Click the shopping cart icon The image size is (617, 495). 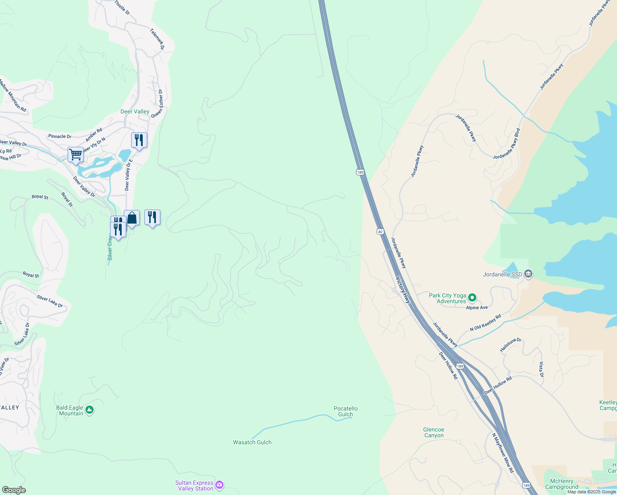75,155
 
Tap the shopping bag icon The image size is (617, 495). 132,217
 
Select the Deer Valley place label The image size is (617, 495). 135,111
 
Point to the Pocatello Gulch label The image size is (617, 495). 346,411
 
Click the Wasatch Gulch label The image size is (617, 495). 252,442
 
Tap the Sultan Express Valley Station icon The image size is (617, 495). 219,485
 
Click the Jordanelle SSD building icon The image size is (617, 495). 529,274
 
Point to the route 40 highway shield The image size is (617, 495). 380,231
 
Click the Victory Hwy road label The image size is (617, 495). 403,290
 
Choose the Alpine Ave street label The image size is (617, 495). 477,308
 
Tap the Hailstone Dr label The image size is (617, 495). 511,345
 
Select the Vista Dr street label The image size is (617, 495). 541,369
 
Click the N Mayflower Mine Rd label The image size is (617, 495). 503,453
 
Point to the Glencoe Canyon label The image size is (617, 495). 433,432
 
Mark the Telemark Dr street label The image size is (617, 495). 157,39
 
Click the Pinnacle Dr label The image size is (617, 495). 59,136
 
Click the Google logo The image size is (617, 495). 14,490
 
